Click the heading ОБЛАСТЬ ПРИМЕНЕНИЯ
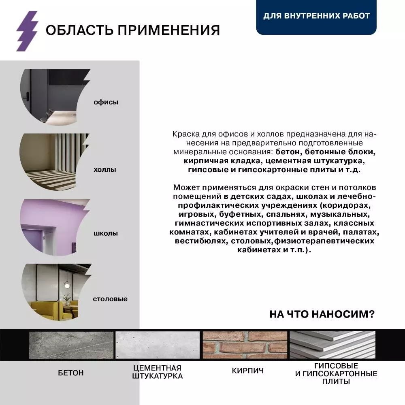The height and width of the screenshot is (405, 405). [132, 30]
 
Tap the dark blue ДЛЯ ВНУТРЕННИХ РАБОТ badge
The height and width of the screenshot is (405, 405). [316, 16]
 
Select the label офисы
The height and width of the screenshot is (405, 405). [106, 102]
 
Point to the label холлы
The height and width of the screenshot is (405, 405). [104, 169]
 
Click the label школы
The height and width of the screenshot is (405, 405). [105, 234]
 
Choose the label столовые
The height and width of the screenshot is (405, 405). [110, 299]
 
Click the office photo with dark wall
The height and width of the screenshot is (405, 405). [53, 97]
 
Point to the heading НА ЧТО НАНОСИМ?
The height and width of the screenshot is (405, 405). [322, 314]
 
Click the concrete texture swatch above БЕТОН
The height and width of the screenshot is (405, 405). [71, 345]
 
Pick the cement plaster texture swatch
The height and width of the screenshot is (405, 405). [158, 345]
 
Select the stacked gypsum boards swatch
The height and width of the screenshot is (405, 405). [332, 345]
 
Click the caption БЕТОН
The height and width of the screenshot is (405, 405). [71, 373]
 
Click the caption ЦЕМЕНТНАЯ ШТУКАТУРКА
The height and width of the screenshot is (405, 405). [157, 372]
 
